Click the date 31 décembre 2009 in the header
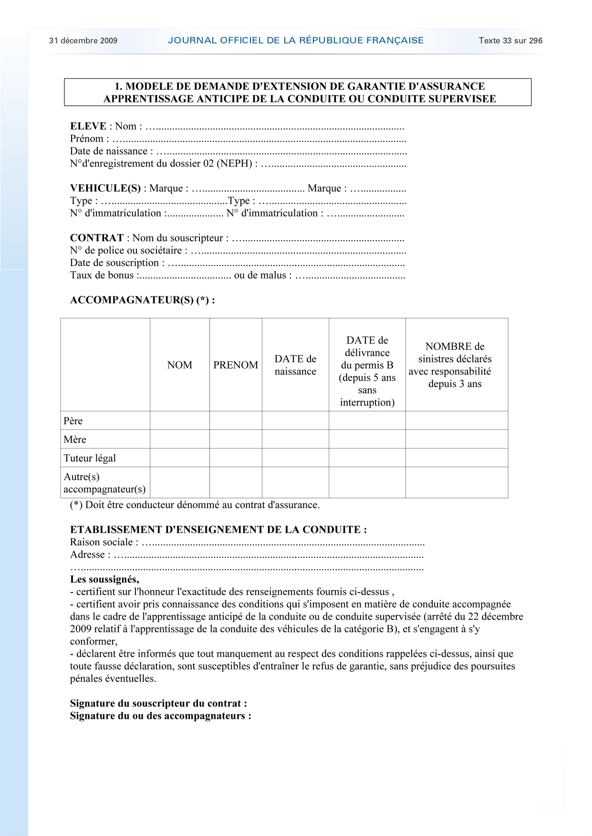pos(83,41)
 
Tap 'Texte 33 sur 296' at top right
pos(510,41)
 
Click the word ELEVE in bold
pos(88,126)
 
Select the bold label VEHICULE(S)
pos(105,188)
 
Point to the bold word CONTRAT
pos(97,238)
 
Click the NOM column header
pos(180,365)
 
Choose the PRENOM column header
pos(236,365)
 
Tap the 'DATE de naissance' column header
pos(295,365)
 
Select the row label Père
pos(73,421)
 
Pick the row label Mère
pos(75,439)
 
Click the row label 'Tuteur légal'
pos(90,458)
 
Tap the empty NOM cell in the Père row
pos(180,421)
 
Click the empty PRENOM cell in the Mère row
pos(236,439)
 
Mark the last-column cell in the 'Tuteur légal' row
pos(457,458)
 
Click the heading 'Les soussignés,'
pos(104,580)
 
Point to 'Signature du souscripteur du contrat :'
pos(158,703)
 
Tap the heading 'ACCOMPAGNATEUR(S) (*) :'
pos(142,300)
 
